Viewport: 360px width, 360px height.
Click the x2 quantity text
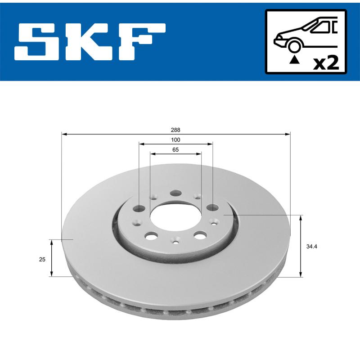tap(326, 63)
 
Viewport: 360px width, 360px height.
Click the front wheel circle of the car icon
tap(294, 46)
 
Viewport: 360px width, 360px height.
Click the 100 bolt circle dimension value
tap(175, 140)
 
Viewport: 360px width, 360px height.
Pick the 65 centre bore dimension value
tap(175, 149)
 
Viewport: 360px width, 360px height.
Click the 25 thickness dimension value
tap(41, 259)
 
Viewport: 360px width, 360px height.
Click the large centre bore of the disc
tap(175, 216)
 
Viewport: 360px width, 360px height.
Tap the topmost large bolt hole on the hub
tap(175, 193)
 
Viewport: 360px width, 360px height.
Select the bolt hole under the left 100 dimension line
tap(140, 208)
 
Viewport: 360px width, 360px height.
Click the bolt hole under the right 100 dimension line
tap(212, 207)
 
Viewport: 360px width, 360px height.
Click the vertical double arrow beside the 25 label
tap(52, 258)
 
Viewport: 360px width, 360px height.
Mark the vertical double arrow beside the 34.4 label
tap(301, 246)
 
